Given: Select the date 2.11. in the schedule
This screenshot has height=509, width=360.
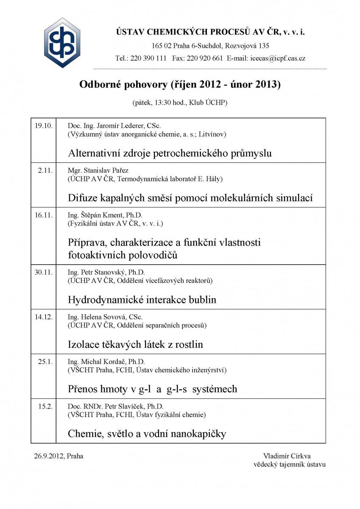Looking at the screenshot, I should (45, 171).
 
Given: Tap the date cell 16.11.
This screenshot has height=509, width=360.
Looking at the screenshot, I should (43, 215).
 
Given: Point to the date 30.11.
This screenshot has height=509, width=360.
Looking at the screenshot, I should (43, 272).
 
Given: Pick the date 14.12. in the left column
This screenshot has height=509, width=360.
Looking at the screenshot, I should (43, 317).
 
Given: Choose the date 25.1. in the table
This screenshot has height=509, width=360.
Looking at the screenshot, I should (45, 361).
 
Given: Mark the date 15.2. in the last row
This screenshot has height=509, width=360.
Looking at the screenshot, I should (45, 406).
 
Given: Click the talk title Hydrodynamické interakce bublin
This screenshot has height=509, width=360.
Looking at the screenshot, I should (142, 299).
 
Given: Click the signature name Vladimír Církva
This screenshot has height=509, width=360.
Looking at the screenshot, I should (287, 456).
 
